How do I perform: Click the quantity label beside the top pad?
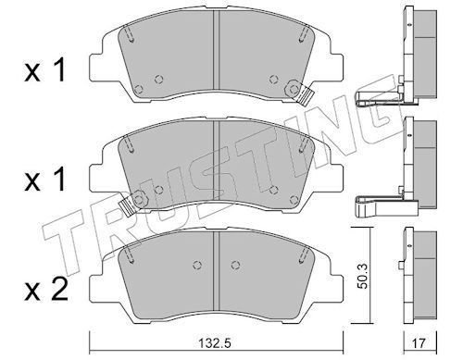45,70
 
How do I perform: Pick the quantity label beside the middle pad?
45,179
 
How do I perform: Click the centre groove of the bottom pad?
216,271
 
